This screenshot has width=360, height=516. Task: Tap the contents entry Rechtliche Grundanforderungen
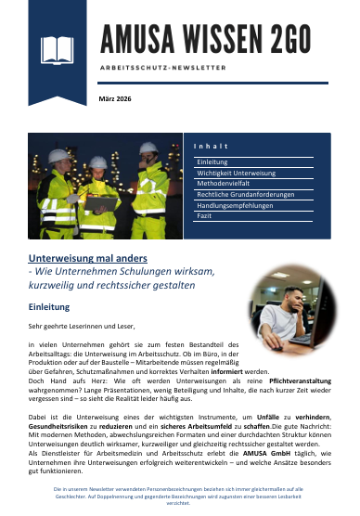[x=245, y=195]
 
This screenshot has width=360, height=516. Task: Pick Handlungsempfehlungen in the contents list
[x=235, y=205]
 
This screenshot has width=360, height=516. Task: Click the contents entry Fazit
[x=204, y=216]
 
